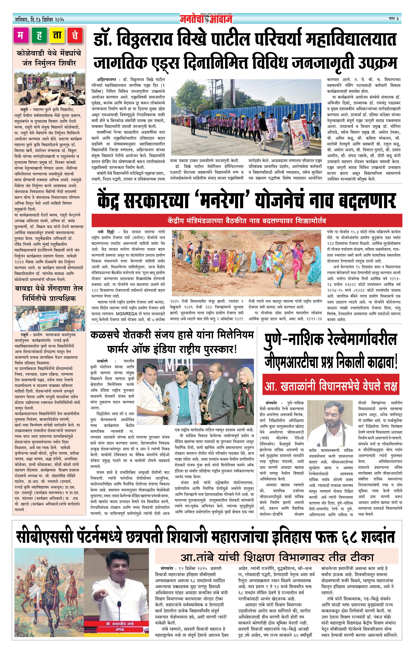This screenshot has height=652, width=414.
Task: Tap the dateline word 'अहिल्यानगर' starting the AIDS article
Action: point(106,80)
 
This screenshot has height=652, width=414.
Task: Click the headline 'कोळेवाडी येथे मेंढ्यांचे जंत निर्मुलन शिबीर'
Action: point(49,58)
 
